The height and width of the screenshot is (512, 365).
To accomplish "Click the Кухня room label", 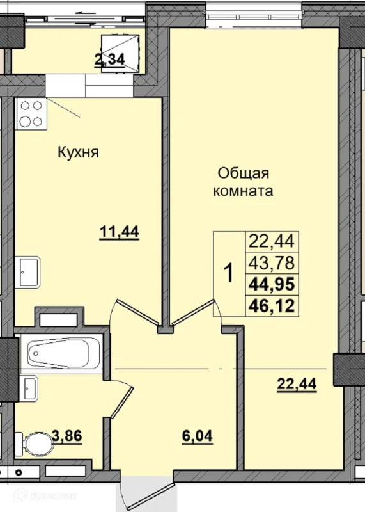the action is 78,152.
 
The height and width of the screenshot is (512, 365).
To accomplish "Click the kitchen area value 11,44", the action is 120,232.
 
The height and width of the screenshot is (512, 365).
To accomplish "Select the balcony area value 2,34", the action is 109,60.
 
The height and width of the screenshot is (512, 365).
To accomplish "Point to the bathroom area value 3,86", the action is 67,435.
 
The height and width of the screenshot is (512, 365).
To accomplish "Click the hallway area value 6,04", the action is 198,436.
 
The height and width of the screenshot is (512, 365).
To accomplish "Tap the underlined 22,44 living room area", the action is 297,384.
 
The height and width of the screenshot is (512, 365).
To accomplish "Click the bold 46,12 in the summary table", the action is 272,306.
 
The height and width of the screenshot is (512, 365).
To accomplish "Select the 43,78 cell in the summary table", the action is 272,263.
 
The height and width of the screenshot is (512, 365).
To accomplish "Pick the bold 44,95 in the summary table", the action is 272,284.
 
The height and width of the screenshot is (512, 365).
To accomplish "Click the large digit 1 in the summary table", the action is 229,274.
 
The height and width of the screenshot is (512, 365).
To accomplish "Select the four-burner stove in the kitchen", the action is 31,114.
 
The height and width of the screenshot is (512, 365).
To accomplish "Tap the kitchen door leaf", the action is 139,312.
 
